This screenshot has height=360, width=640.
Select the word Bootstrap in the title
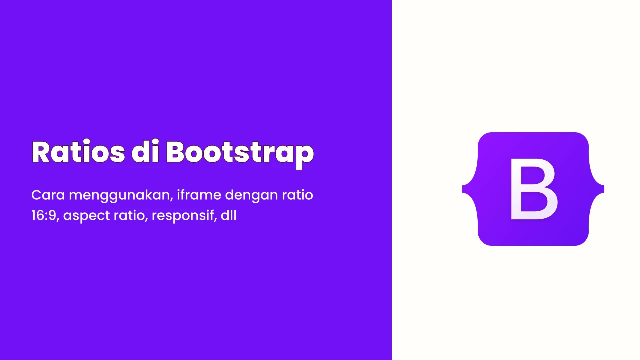tap(240, 154)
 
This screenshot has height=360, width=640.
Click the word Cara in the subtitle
tap(48, 195)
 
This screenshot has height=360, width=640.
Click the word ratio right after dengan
tap(297, 195)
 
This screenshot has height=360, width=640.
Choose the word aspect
tap(87, 216)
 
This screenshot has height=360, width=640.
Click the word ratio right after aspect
tap(131, 216)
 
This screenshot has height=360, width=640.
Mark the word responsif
tap(184, 216)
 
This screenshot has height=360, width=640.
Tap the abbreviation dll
tap(229, 215)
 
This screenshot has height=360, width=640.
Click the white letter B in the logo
tap(534, 189)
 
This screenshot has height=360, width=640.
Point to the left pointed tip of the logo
tap(463, 189)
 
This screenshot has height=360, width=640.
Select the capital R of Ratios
tap(42, 152)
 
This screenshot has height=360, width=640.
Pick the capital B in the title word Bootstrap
tap(176, 152)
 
